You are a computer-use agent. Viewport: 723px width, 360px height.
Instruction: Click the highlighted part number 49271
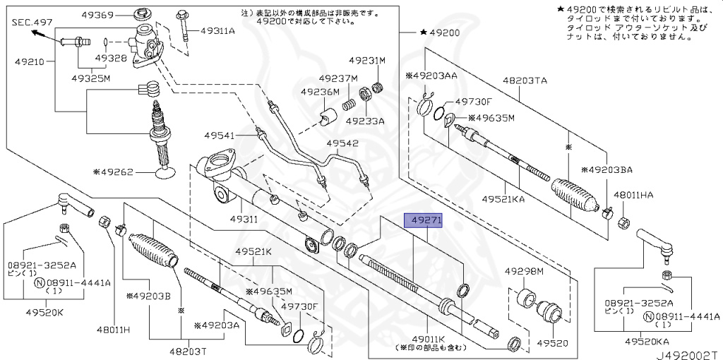coord(422,220)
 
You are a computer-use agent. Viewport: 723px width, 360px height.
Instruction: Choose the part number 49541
coord(220,134)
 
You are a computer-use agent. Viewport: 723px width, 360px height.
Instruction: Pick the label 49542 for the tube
coord(342,143)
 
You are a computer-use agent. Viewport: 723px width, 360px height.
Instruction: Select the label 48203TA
coord(525,80)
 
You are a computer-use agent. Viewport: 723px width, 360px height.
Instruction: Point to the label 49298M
coord(524,271)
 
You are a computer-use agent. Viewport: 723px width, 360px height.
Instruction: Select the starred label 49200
coord(439,32)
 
